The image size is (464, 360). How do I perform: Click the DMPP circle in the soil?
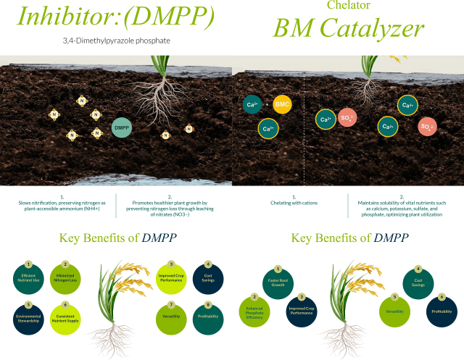coord(122,127)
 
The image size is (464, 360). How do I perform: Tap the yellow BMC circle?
coord(282,105)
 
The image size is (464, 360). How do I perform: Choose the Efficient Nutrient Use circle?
coord(30,280)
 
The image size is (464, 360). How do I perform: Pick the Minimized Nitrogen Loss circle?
coord(65,280)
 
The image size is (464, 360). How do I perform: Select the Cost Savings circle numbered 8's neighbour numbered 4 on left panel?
coord(208,279)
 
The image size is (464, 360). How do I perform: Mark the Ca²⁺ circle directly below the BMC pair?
coord(268,130)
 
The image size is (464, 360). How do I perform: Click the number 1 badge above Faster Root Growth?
coord(278,269)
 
